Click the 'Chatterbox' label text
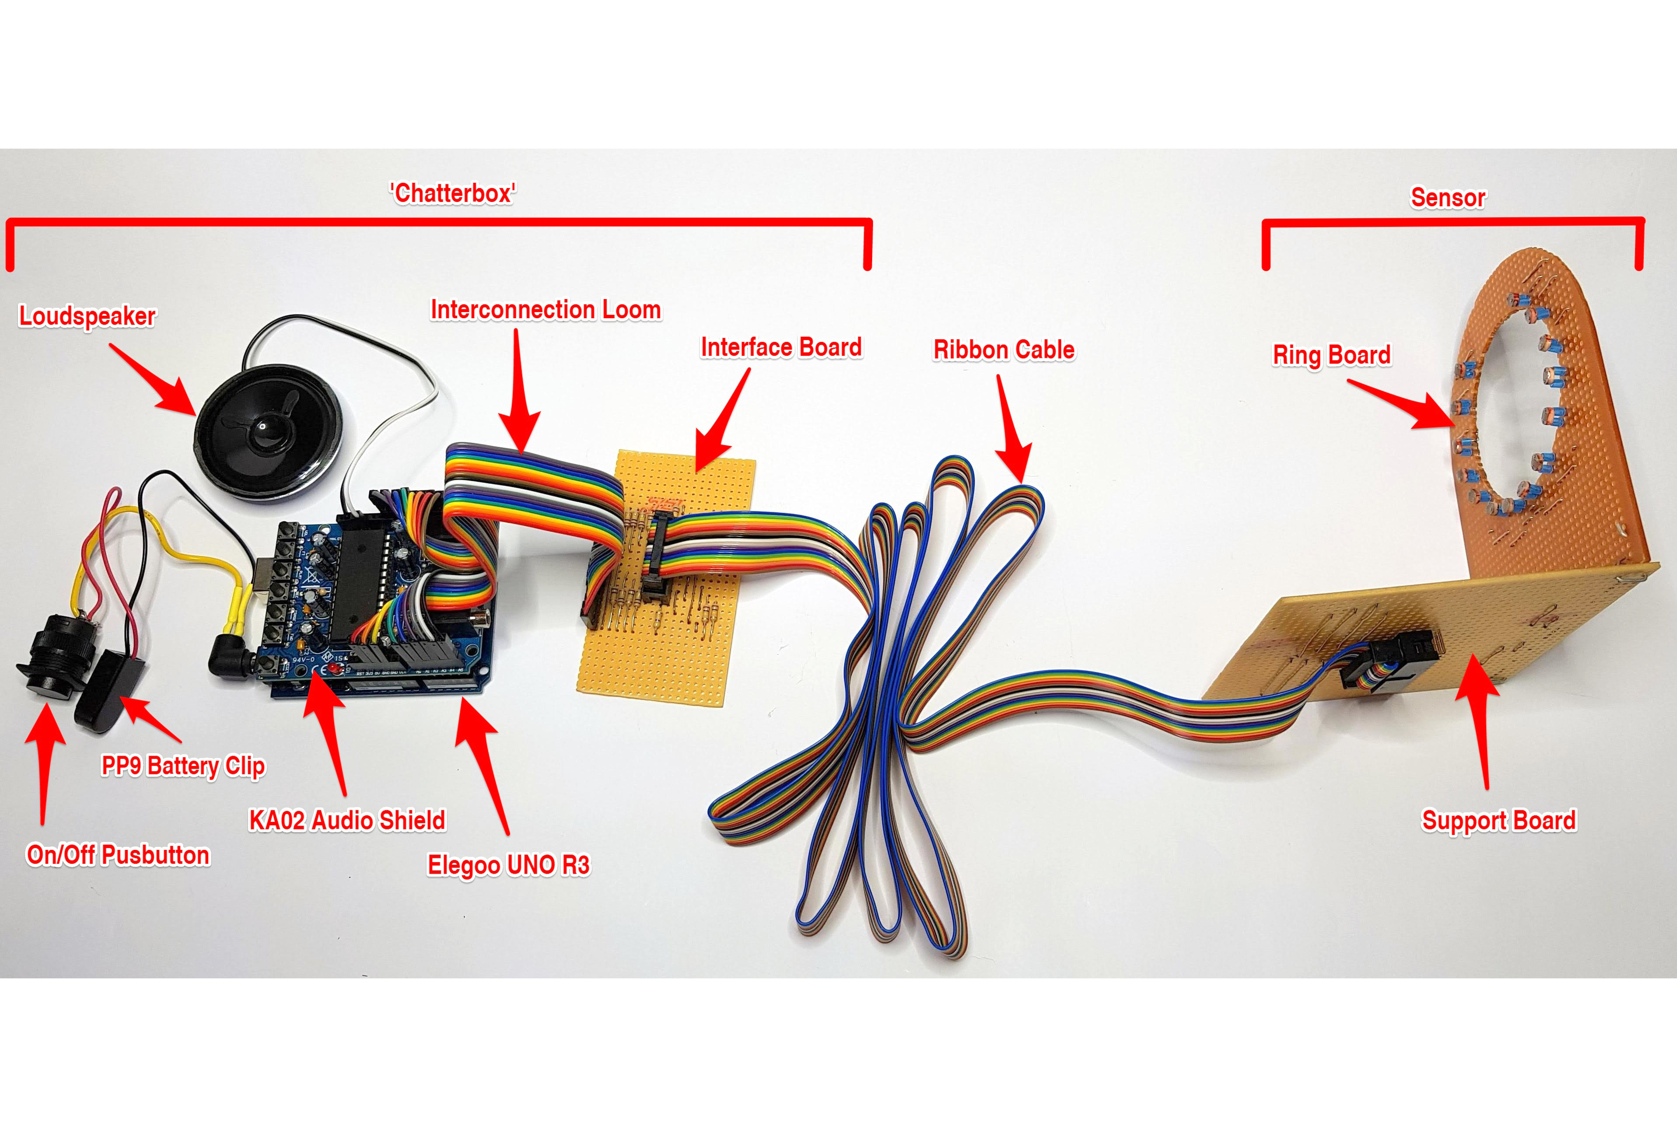pos(452,193)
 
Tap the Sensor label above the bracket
pos(1448,198)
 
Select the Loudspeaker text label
pos(87,316)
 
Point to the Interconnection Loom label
pos(545,310)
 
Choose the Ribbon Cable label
pos(1004,350)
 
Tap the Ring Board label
pos(1331,355)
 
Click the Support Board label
pos(1499,820)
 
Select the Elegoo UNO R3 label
pos(508,865)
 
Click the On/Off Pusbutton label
pos(118,855)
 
